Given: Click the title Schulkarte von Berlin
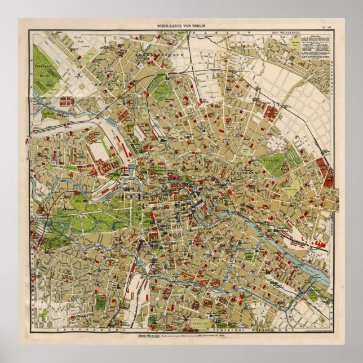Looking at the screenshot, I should [x=181, y=26].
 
